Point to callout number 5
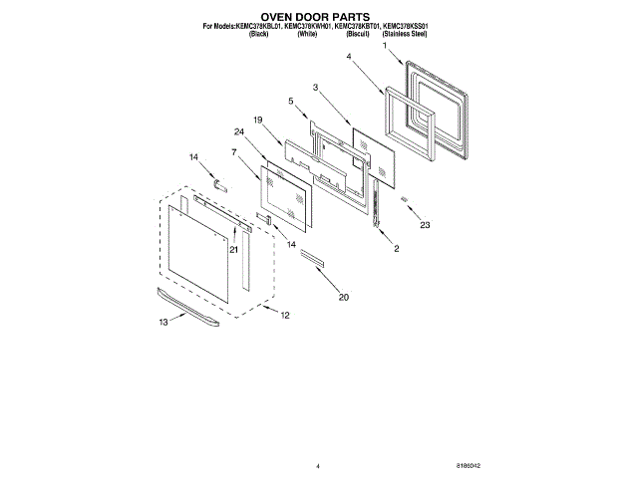[291, 102]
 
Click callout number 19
[257, 119]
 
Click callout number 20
[344, 297]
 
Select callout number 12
[284, 316]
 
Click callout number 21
[233, 250]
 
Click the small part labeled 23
[406, 199]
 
